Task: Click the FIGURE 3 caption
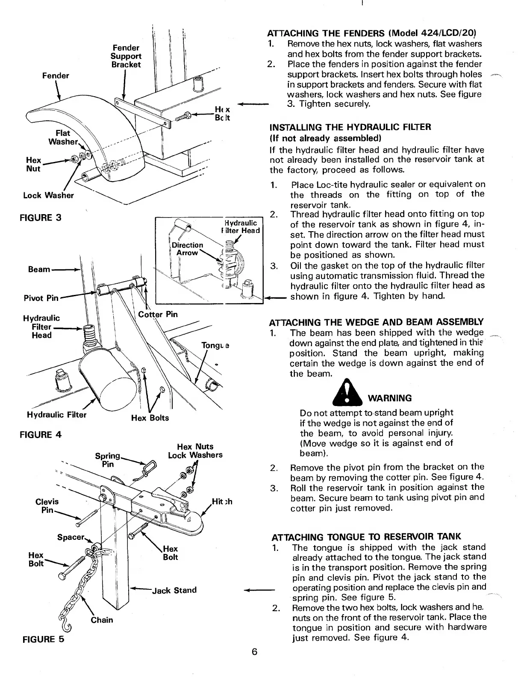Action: pyautogui.click(x=41, y=218)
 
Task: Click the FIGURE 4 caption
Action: pyautogui.click(x=41, y=435)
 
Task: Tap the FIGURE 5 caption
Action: pyautogui.click(x=41, y=639)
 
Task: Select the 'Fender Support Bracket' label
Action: pyautogui.click(x=126, y=56)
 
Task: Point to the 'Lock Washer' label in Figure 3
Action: pyautogui.click(x=48, y=195)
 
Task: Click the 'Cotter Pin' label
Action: pyautogui.click(x=158, y=314)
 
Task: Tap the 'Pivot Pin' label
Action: pyautogui.click(x=41, y=297)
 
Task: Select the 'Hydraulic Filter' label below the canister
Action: pyautogui.click(x=56, y=415)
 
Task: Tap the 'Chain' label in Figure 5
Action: pyautogui.click(x=102, y=620)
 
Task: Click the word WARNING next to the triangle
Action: pyautogui.click(x=390, y=398)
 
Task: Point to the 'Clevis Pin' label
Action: pyautogui.click(x=47, y=506)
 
